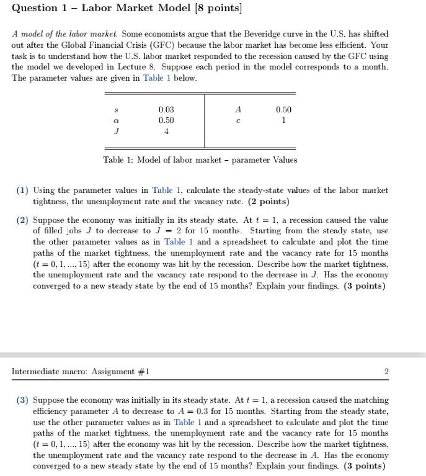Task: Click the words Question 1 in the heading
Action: (40, 9)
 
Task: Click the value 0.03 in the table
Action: (166, 109)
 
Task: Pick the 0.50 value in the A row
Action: (283, 109)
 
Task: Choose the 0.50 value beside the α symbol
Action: (166, 120)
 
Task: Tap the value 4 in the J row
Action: (166, 132)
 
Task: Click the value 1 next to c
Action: (283, 120)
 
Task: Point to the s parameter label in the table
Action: (117, 110)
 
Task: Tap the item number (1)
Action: (23, 191)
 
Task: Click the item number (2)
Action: (23, 220)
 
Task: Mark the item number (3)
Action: (23, 400)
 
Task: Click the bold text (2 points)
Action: (268, 202)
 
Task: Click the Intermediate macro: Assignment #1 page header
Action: (81, 372)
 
